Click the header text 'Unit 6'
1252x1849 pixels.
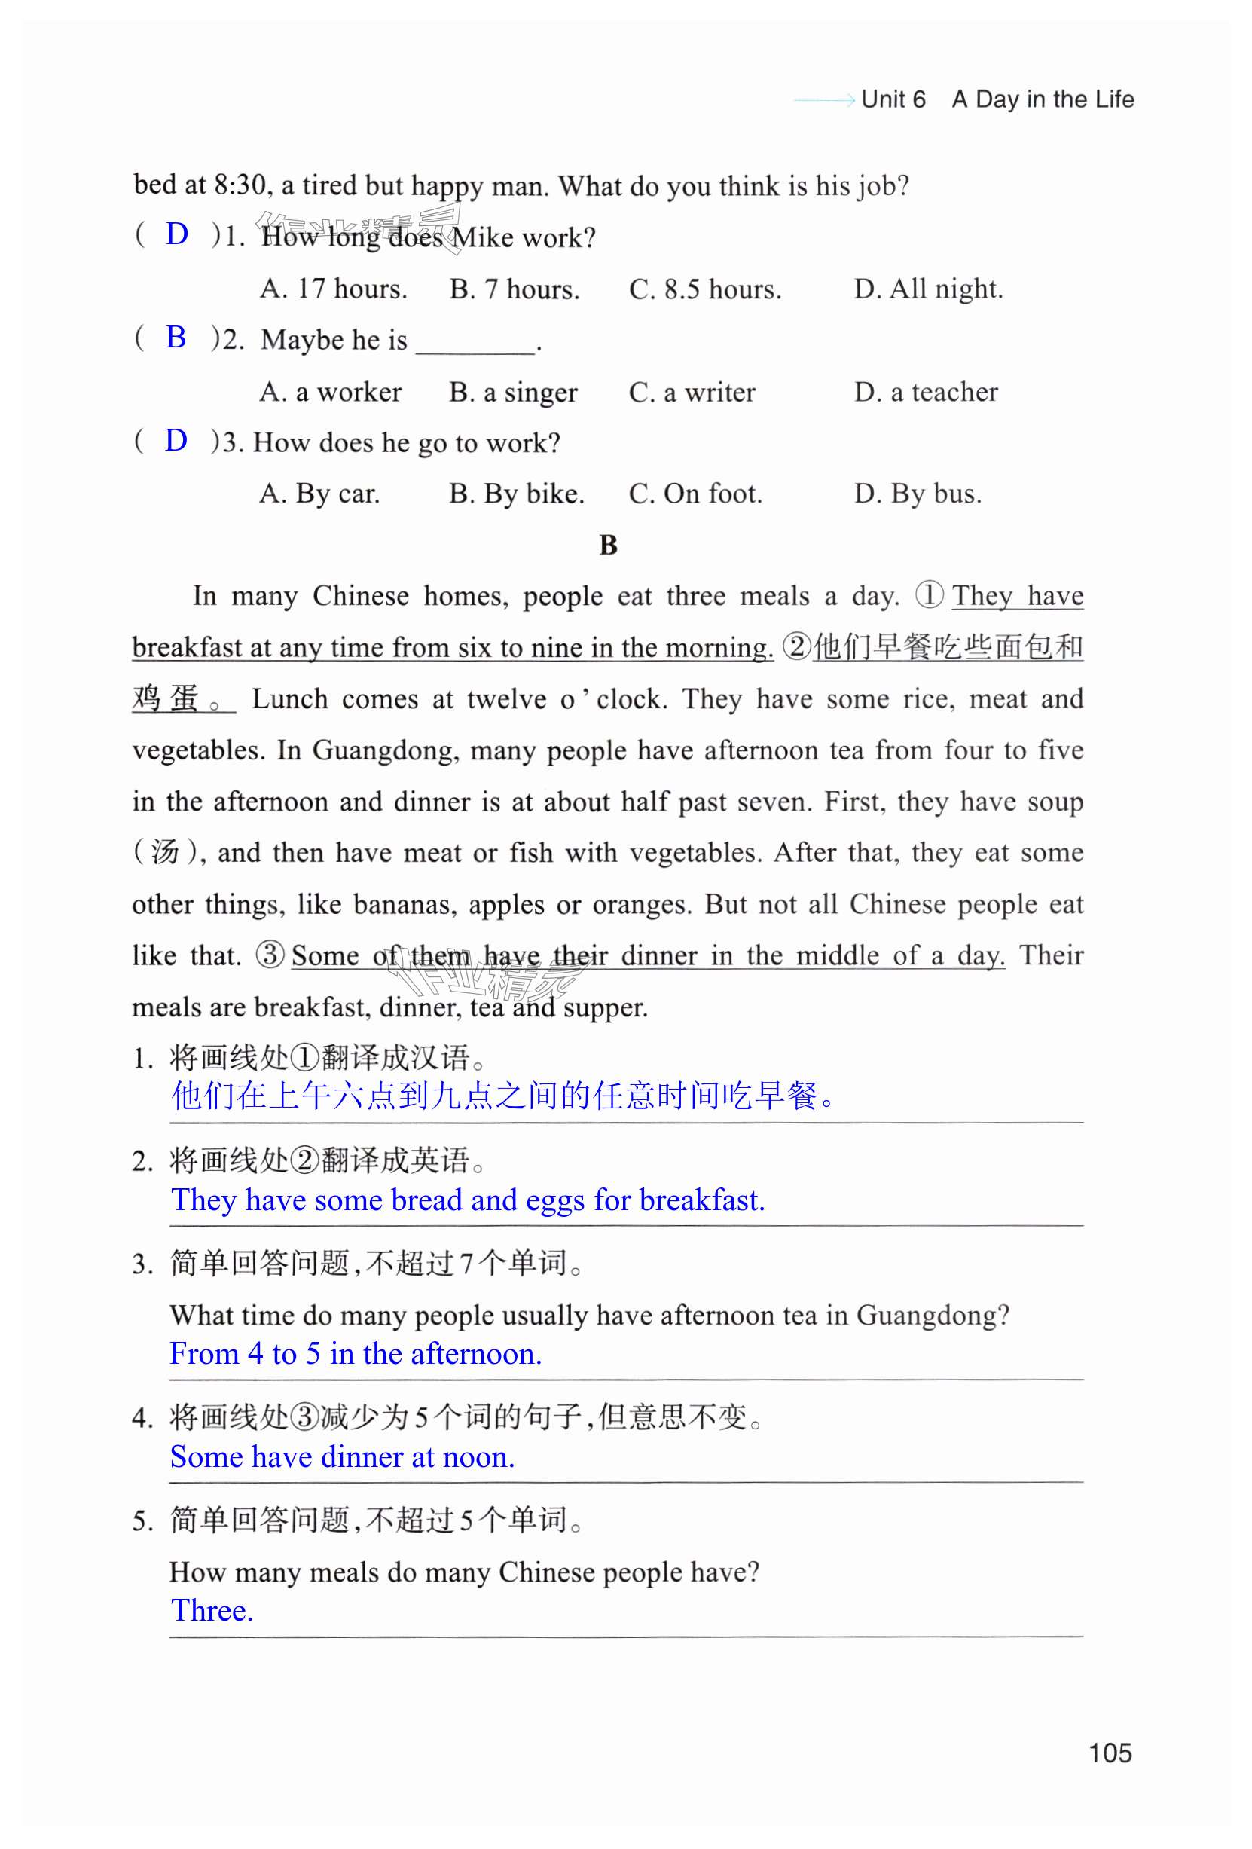click(x=893, y=99)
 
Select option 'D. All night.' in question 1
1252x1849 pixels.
click(x=927, y=289)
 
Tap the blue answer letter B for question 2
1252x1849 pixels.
click(x=176, y=338)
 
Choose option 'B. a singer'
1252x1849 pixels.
click(x=513, y=393)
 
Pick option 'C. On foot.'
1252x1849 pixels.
click(x=695, y=494)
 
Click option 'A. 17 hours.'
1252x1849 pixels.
click(x=333, y=289)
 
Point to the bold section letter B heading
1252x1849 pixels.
click(x=608, y=546)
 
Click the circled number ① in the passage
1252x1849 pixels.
click(x=928, y=595)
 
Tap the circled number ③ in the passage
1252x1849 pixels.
click(x=270, y=955)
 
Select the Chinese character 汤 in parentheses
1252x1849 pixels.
click(x=164, y=852)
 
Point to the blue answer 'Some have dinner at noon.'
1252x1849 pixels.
click(x=342, y=1456)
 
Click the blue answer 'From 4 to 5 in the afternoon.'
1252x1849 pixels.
click(x=356, y=1353)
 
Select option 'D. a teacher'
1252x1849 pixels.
click(x=925, y=393)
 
